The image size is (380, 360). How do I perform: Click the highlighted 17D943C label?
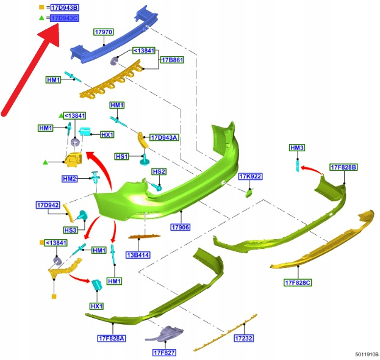click(x=64, y=19)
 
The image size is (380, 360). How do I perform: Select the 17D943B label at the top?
click(x=64, y=7)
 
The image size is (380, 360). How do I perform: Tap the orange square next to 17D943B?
click(x=41, y=7)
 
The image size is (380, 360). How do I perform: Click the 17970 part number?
click(x=104, y=31)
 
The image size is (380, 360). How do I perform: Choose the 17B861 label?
click(x=171, y=61)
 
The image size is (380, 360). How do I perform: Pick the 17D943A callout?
click(x=163, y=138)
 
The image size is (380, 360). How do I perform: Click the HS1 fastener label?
click(x=122, y=157)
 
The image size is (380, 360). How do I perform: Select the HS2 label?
click(x=159, y=172)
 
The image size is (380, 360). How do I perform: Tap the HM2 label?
click(x=70, y=179)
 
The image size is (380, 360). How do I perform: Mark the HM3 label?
click(x=297, y=148)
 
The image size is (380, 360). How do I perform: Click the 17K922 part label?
click(x=250, y=176)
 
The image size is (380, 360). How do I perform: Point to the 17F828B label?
click(x=343, y=167)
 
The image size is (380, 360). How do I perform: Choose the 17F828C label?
click(x=298, y=283)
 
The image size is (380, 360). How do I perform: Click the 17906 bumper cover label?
click(x=181, y=227)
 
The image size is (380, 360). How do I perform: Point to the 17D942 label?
click(x=48, y=205)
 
